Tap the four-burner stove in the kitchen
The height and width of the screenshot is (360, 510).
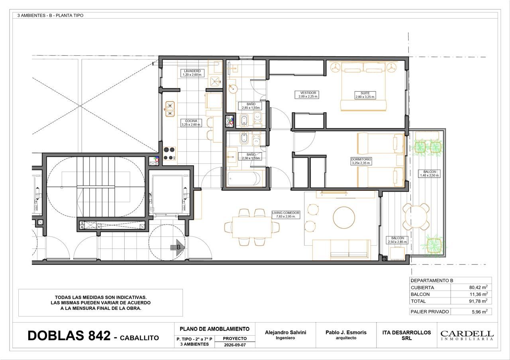point(169,153)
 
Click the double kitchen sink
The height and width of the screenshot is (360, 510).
point(170,109)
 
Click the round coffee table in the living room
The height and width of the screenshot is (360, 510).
point(344,217)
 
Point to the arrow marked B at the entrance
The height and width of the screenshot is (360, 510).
point(178,247)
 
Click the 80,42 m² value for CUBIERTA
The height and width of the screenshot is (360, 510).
point(478,287)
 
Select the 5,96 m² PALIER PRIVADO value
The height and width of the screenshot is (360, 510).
point(479,311)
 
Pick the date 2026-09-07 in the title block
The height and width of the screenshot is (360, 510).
point(235,345)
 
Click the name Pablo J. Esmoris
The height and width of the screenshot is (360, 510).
point(346,332)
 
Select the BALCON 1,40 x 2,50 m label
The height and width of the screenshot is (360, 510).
point(430,174)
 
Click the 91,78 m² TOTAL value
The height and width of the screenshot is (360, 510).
point(478,301)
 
